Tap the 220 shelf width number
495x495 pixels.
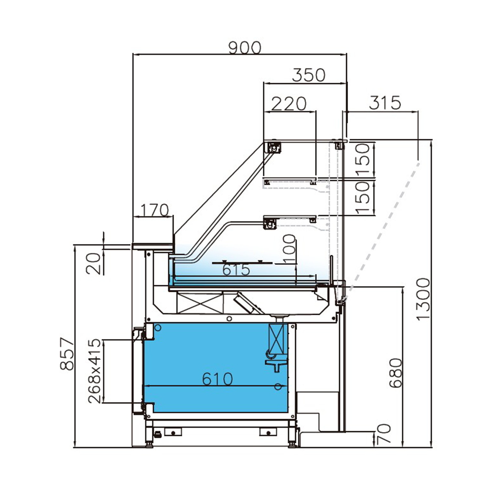coord(290,103)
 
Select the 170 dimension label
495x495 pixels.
coord(153,210)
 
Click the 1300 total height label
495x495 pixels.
coord(423,299)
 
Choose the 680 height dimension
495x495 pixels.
coord(395,372)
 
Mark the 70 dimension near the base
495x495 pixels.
coord(384,435)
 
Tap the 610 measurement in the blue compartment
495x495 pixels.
coord(217,379)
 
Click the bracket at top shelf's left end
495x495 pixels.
coord(274,147)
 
